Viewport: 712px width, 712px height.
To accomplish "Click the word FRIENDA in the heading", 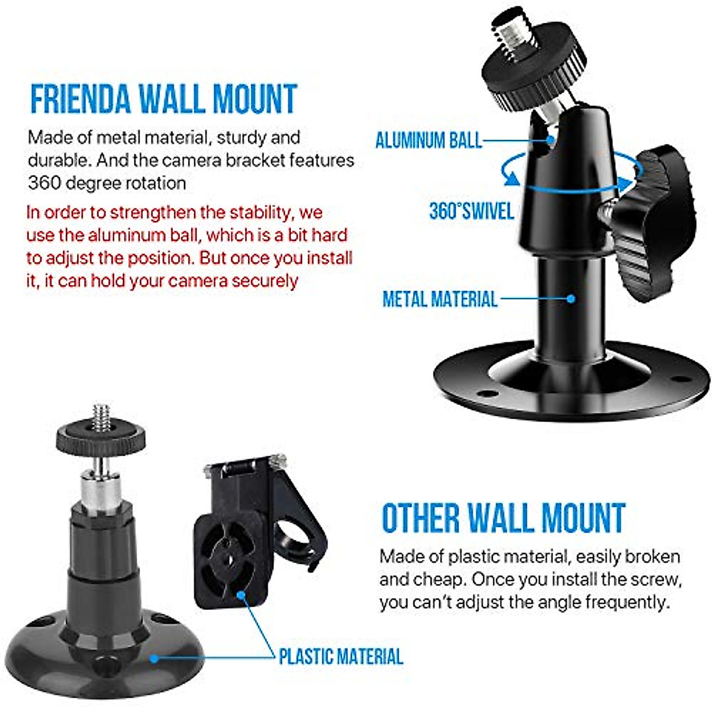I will click(x=80, y=99).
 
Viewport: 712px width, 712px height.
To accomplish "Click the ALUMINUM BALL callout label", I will click(x=428, y=140).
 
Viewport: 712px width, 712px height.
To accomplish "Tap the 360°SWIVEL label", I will click(x=471, y=211).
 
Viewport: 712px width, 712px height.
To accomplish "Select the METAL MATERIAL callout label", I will click(x=440, y=298).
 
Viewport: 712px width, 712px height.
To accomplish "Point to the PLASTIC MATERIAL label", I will click(x=341, y=656).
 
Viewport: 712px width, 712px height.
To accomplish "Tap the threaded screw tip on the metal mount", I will click(x=515, y=30).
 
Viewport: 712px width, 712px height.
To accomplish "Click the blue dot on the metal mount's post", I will click(x=571, y=299).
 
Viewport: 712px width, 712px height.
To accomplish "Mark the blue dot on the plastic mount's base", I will click(x=154, y=658).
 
